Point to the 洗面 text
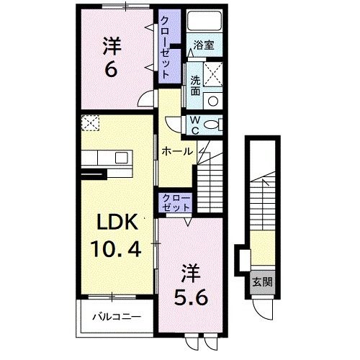[x=195, y=82]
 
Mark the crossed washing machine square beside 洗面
[x=213, y=73]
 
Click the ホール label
[x=176, y=151]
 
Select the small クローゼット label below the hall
[x=175, y=202]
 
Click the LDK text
[x=112, y=222]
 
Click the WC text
[x=194, y=125]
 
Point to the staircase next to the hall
[x=213, y=180]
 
